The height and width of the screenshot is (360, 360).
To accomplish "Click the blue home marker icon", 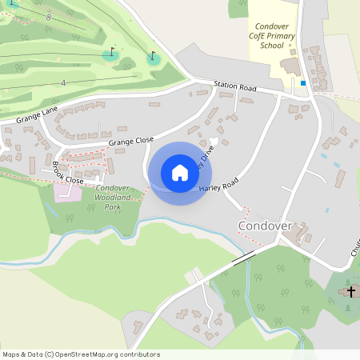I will (x=180, y=173).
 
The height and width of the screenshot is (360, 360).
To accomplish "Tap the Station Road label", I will (x=234, y=86).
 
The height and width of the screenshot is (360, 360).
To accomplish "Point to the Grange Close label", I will (x=131, y=141).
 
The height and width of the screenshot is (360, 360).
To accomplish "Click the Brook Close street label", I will (x=68, y=175).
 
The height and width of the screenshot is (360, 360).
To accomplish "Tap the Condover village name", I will (x=266, y=226).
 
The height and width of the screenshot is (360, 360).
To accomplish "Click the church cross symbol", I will (x=350, y=292).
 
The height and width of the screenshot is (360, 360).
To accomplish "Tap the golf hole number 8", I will (x=49, y=17).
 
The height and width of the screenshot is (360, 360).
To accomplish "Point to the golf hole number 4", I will (x=63, y=82).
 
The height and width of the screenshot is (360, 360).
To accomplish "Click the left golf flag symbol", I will (x=110, y=53).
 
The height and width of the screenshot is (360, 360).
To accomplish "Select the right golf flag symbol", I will (x=152, y=56).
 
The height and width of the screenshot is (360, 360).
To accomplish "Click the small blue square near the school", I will (x=302, y=82).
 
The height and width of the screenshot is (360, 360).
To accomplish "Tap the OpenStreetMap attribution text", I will (x=81, y=354).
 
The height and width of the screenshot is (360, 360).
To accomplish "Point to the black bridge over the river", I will (x=242, y=258).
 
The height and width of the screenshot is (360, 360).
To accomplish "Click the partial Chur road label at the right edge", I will (x=354, y=253).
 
